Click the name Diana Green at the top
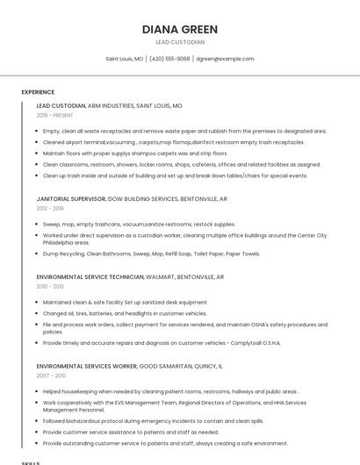pyautogui.click(x=179, y=29)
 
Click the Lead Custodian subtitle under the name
pyautogui.click(x=179, y=42)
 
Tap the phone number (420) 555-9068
pyautogui.click(x=169, y=59)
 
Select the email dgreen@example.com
pyautogui.click(x=225, y=59)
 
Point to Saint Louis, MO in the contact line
pyautogui.click(x=125, y=59)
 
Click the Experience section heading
pyautogui.click(x=38, y=92)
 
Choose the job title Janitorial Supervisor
pyautogui.click(x=70, y=199)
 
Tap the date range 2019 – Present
pyautogui.click(x=55, y=115)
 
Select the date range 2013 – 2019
pyautogui.click(x=50, y=209)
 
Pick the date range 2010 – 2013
pyautogui.click(x=50, y=286)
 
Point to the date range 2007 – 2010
pyautogui.click(x=50, y=375)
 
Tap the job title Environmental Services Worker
pyautogui.click(x=87, y=365)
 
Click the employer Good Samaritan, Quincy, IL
pyautogui.click(x=181, y=365)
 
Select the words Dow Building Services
pyautogui.click(x=142, y=199)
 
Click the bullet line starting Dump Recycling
pyautogui.click(x=151, y=254)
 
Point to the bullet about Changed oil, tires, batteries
pyautogui.click(x=125, y=312)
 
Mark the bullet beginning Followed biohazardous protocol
pyautogui.click(x=153, y=421)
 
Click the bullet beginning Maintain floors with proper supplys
pyautogui.click(x=135, y=153)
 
